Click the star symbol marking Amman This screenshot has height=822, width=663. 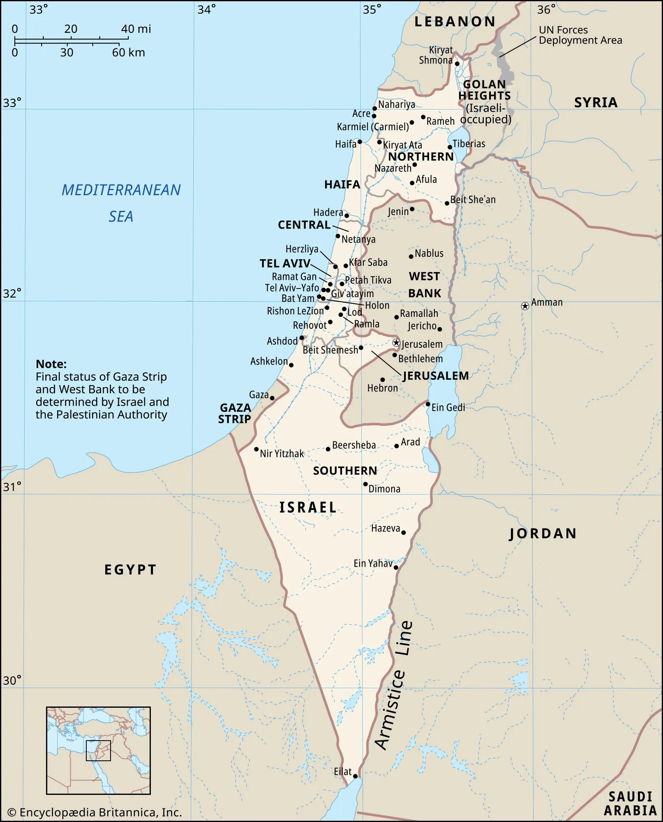click(x=525, y=306)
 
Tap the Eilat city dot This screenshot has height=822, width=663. click(x=356, y=776)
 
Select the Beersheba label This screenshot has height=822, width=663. click(x=353, y=445)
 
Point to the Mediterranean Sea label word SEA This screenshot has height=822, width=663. click(x=121, y=217)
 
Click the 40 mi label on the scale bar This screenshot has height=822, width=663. click(x=136, y=29)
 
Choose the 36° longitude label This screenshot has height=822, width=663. click(x=546, y=9)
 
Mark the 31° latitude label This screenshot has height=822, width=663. click(x=12, y=487)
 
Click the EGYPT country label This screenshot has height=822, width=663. click(x=130, y=570)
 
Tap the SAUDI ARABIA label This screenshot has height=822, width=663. click(x=630, y=804)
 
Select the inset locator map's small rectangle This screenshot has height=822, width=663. click(x=98, y=750)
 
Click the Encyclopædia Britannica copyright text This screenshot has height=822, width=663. click(x=95, y=813)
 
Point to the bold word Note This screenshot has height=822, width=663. click(x=51, y=364)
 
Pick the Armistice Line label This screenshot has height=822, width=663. click(x=394, y=686)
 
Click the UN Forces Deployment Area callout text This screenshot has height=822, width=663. click(x=580, y=35)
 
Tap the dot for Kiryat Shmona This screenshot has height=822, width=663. click(x=457, y=64)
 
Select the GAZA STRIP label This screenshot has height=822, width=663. click(x=235, y=413)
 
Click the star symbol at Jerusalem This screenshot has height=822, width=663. click(x=396, y=342)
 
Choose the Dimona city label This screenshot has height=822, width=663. click(x=384, y=489)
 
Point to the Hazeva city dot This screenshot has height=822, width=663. click(x=403, y=533)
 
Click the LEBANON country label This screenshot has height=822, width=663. click(x=455, y=22)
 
